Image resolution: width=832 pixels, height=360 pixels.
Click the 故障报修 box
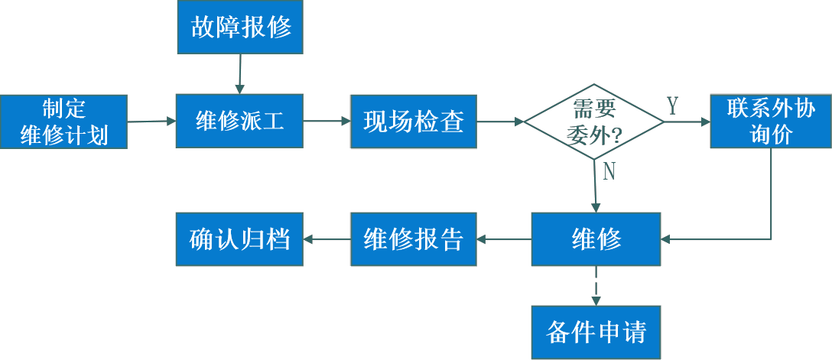pos(240,28)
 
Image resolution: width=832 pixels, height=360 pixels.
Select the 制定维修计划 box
pos(63,122)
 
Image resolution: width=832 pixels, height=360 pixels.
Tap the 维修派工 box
pos(239,121)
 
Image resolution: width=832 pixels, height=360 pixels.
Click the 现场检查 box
pos(413,122)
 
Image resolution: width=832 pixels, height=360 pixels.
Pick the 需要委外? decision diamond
pos(594,122)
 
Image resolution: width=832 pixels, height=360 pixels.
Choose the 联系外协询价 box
pos(771,122)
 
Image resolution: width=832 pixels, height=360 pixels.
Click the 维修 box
pos(596,239)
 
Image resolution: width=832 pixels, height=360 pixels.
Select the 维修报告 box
pos(413,239)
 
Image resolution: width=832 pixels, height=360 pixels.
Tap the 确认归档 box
pos(239,239)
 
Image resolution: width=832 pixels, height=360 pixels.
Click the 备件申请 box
pos(596,332)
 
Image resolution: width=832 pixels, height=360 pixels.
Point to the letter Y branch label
pos(672,106)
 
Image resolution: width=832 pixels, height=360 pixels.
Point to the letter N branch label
pos(609,172)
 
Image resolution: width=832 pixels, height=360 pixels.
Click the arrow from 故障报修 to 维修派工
pos(239,73)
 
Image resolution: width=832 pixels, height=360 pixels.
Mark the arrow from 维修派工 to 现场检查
pos(327,121)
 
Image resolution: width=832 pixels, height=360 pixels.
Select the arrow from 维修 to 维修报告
pos(503,239)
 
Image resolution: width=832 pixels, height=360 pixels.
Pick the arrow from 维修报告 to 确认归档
pos(327,239)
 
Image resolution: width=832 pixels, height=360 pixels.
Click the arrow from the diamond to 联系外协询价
pos(687,122)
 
